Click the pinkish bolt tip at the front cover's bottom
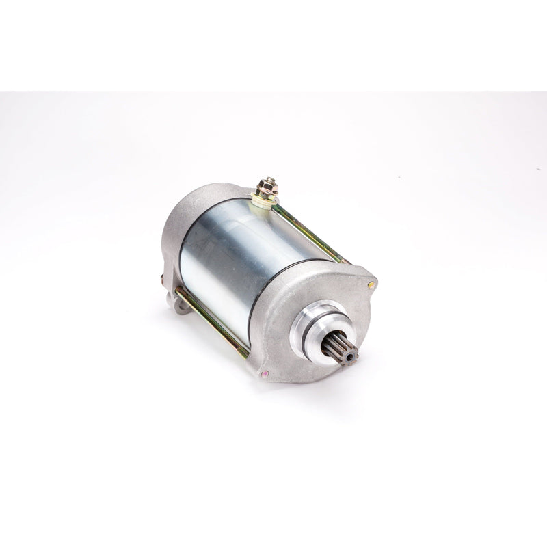pos(266,373)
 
